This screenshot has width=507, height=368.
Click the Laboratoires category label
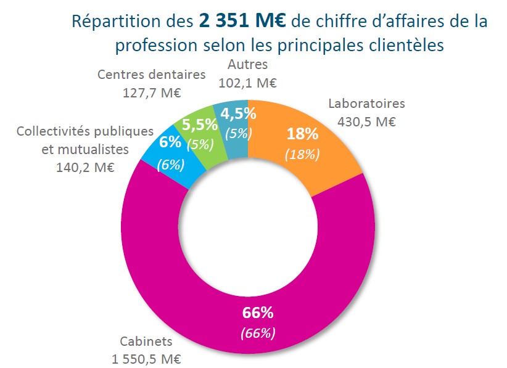point(366,104)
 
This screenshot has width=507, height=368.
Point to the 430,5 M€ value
point(366,121)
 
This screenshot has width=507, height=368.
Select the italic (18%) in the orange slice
point(302,153)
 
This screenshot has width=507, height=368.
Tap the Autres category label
point(247,64)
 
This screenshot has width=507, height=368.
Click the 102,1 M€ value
point(247,81)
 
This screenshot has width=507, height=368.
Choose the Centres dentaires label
point(151,75)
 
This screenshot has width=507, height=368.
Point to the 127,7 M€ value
point(151,92)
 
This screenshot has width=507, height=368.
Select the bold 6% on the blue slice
point(170,141)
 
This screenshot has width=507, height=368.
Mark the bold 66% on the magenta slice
point(258,312)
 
